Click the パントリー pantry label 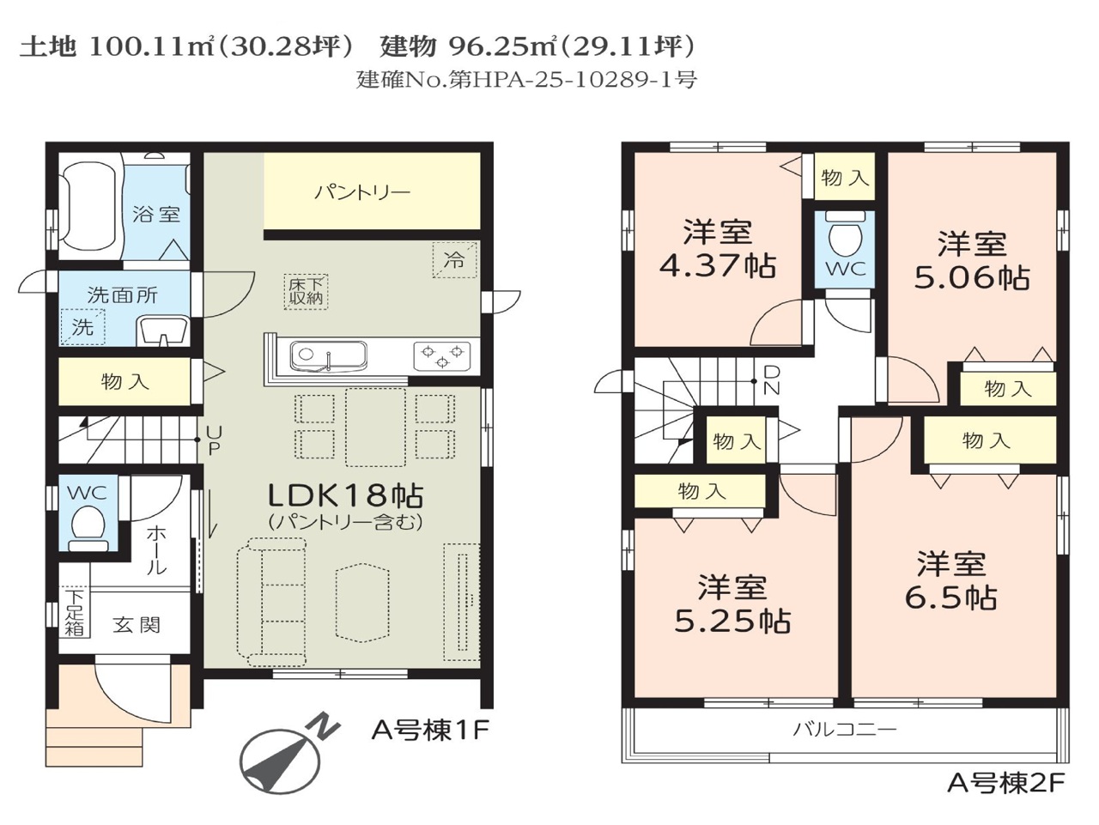(362, 193)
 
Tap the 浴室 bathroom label (155, 215)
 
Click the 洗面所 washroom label (122, 294)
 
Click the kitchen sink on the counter (328, 356)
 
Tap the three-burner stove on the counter (441, 355)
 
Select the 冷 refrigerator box (454, 260)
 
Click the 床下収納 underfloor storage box (306, 291)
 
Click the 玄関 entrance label (137, 625)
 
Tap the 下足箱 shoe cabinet (75, 612)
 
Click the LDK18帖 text (346, 495)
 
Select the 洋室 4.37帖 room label (718, 249)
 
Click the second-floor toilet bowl (845, 240)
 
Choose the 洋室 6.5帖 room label (950, 580)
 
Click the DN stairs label (772, 380)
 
